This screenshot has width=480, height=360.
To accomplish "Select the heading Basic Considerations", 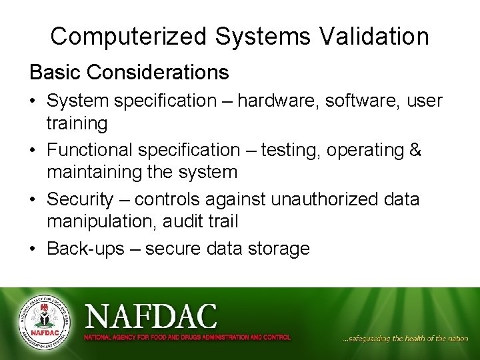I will point(129,72).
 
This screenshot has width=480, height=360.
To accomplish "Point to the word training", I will point(77,123).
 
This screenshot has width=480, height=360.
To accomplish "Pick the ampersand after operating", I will point(415,150).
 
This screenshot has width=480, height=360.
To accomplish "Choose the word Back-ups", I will point(85,249).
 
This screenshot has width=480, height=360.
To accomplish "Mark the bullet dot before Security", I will point(33,199).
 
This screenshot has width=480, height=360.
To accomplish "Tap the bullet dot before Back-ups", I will point(33,249).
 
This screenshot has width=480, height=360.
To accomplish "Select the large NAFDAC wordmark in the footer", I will point(151,316).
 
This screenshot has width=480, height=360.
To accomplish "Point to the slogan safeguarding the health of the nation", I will point(405,339).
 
